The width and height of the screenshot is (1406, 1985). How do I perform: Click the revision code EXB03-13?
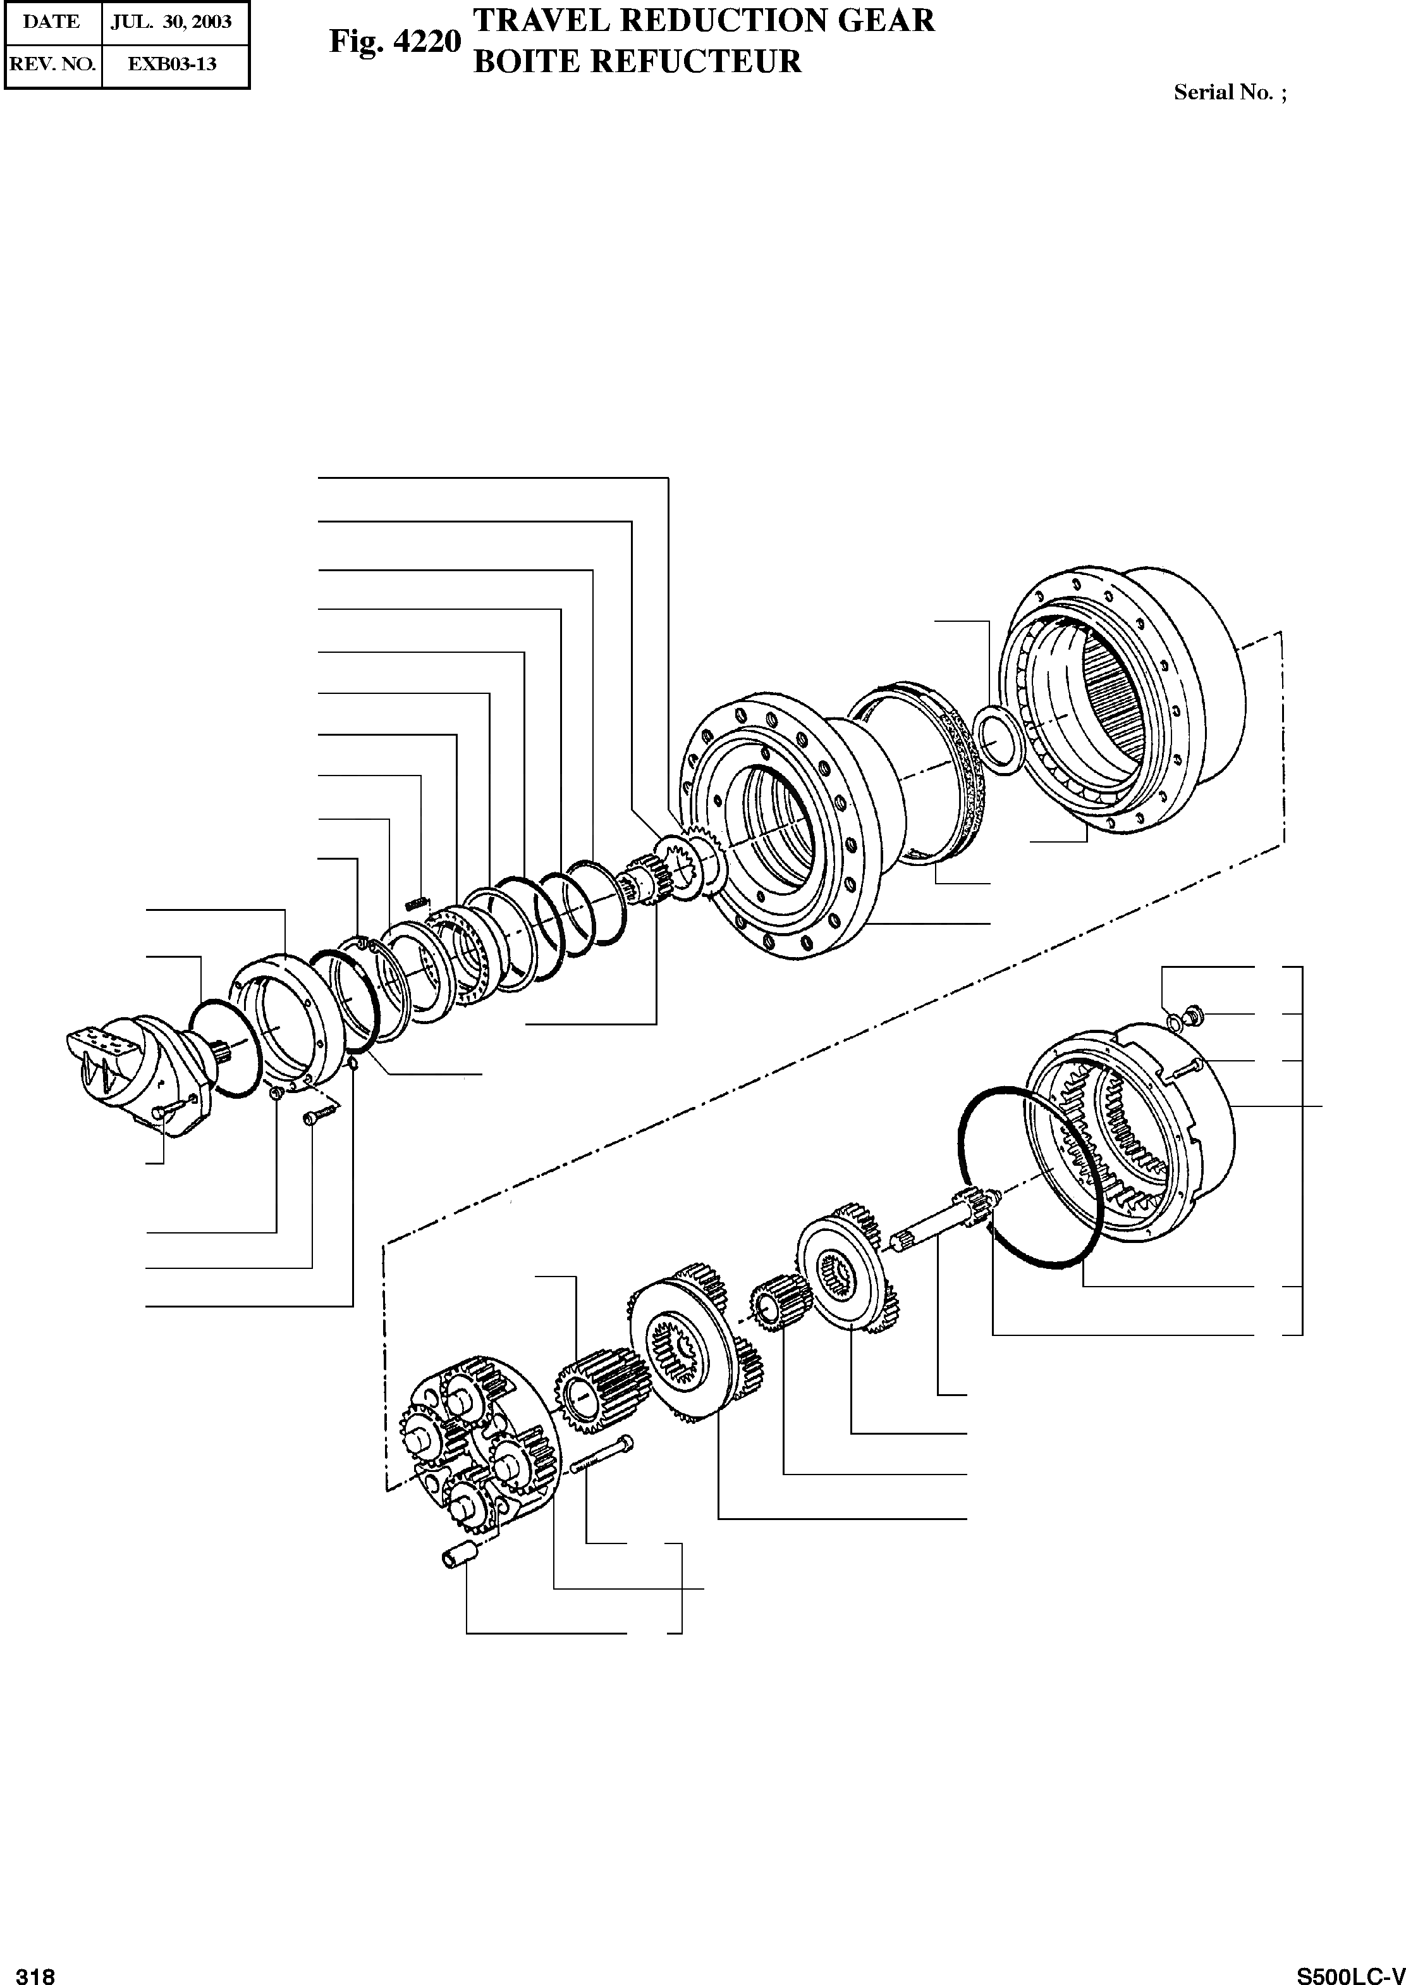pos(173,63)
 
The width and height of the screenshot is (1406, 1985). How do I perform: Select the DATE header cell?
pos(51,21)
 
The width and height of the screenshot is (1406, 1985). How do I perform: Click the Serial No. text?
pos(1230,92)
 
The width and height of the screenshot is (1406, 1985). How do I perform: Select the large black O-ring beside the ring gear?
pos(1030,1178)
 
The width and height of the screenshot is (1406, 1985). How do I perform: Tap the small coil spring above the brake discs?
pos(417,903)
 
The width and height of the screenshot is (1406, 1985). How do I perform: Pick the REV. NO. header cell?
pos(52,63)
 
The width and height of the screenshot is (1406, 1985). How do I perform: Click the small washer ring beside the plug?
pos(1175,1022)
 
